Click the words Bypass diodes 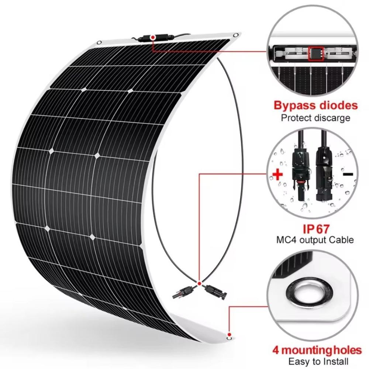[x=315, y=106]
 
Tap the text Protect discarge [x=315, y=118]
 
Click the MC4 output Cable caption [x=315, y=240]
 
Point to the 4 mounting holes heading [x=317, y=350]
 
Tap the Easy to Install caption [x=318, y=361]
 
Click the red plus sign [x=278, y=175]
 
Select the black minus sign [x=348, y=174]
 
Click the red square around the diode [x=315, y=54]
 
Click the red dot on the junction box [x=153, y=37]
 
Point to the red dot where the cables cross [x=199, y=283]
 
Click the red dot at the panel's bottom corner [x=230, y=334]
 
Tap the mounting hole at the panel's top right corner [x=235, y=35]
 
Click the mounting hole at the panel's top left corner [x=99, y=42]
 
